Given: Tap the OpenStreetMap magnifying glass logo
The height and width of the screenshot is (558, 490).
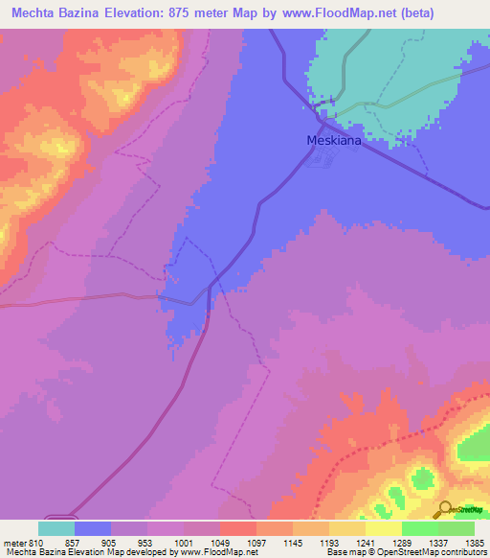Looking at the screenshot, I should tap(445, 509).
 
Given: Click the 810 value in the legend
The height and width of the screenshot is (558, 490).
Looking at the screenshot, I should tap(37, 542).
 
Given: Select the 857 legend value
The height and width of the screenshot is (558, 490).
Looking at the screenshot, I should tap(75, 542).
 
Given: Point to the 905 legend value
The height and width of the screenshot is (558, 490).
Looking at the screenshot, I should tap(111, 542).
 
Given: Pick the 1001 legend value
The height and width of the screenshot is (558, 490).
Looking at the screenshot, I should tap(184, 542).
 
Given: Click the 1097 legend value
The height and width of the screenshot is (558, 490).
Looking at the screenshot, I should tap(256, 542).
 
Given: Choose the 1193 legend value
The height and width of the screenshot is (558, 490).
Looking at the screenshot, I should tap(329, 542).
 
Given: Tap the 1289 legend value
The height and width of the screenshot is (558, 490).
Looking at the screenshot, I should tap(402, 542).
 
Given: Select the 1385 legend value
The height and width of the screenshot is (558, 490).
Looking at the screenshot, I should tap(475, 542).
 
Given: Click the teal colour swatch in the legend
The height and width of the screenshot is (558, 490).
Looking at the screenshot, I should tap(56, 528).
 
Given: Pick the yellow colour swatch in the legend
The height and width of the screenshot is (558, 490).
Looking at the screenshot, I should tap(383, 528).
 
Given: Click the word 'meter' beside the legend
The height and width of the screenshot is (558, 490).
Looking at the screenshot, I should tap(13, 542).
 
